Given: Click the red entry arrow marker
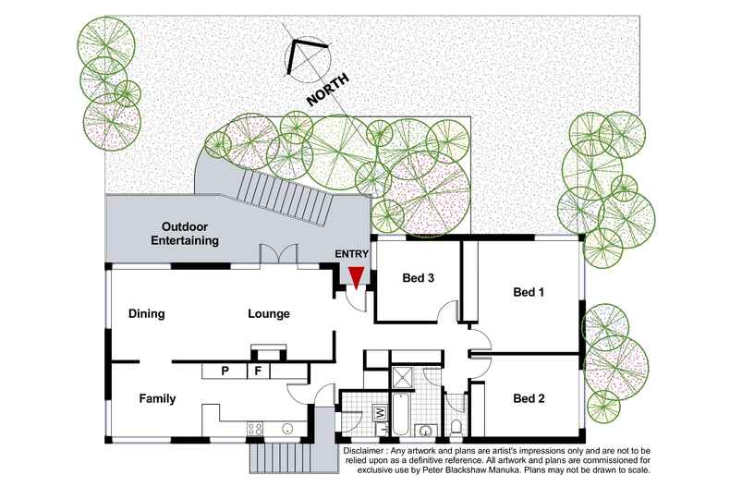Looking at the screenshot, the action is tap(356, 278).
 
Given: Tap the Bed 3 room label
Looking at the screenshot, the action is tap(418, 278).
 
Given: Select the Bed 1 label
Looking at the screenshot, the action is tap(529, 292).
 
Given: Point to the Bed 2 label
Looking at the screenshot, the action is tap(529, 398).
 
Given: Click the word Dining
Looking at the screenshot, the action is tap(147, 313).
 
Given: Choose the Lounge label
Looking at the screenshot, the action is tap(269, 314).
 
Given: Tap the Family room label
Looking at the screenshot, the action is tap(157, 398).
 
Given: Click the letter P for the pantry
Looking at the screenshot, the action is tap(225, 371).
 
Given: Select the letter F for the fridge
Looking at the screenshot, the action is tap(258, 371).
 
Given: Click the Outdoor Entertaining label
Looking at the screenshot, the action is tap(185, 234).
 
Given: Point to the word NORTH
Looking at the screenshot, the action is tap(328, 90).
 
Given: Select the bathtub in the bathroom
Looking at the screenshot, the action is tap(401, 415).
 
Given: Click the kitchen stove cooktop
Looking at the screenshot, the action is tap(255, 429).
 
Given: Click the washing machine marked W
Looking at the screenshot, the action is tap(380, 412).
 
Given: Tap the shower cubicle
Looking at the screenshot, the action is tap(402, 378).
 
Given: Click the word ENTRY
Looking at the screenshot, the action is tap(351, 254).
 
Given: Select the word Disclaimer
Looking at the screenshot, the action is tap(364, 451).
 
